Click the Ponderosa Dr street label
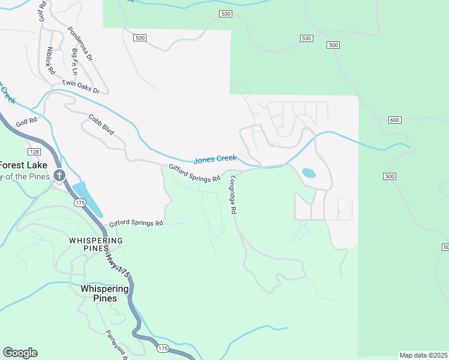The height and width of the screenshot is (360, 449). tap(80, 44)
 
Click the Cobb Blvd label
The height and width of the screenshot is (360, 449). tap(101, 124)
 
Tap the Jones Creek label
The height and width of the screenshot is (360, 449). tap(214, 159)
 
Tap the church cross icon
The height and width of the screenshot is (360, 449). tap(59, 175)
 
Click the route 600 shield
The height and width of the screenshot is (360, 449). tap(394, 120)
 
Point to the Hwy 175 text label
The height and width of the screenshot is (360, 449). tap(118, 264)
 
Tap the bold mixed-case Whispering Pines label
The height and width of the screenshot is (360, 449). tap(104, 293)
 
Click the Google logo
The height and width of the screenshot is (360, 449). tap(20, 353)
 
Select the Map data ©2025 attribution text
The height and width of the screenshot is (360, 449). tap(424, 355)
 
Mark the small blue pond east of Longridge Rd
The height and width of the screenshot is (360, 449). tap(309, 173)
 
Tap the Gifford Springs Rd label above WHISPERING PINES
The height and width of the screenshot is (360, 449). tap(136, 223)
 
